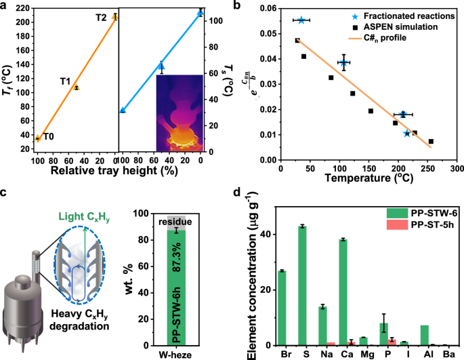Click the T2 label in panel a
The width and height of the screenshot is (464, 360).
click(x=101, y=17)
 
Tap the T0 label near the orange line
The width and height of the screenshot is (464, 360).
click(x=49, y=136)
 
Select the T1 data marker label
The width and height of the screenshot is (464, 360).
click(x=66, y=81)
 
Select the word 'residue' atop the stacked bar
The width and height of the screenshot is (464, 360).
click(x=176, y=222)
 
